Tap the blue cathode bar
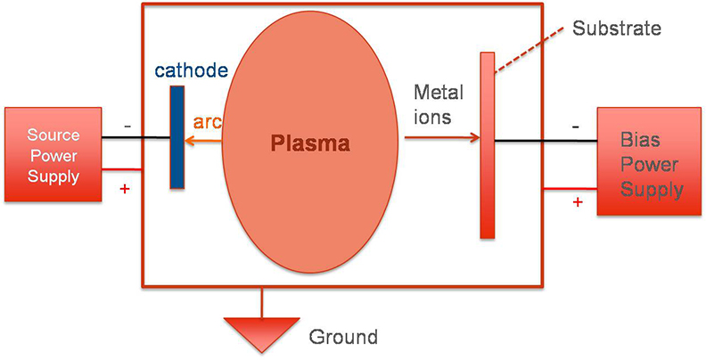[176, 137]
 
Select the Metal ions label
[438, 103]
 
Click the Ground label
[343, 337]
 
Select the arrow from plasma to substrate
[441, 138]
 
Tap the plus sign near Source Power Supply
[125, 188]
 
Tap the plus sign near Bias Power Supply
[578, 202]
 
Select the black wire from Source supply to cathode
[134, 138]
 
